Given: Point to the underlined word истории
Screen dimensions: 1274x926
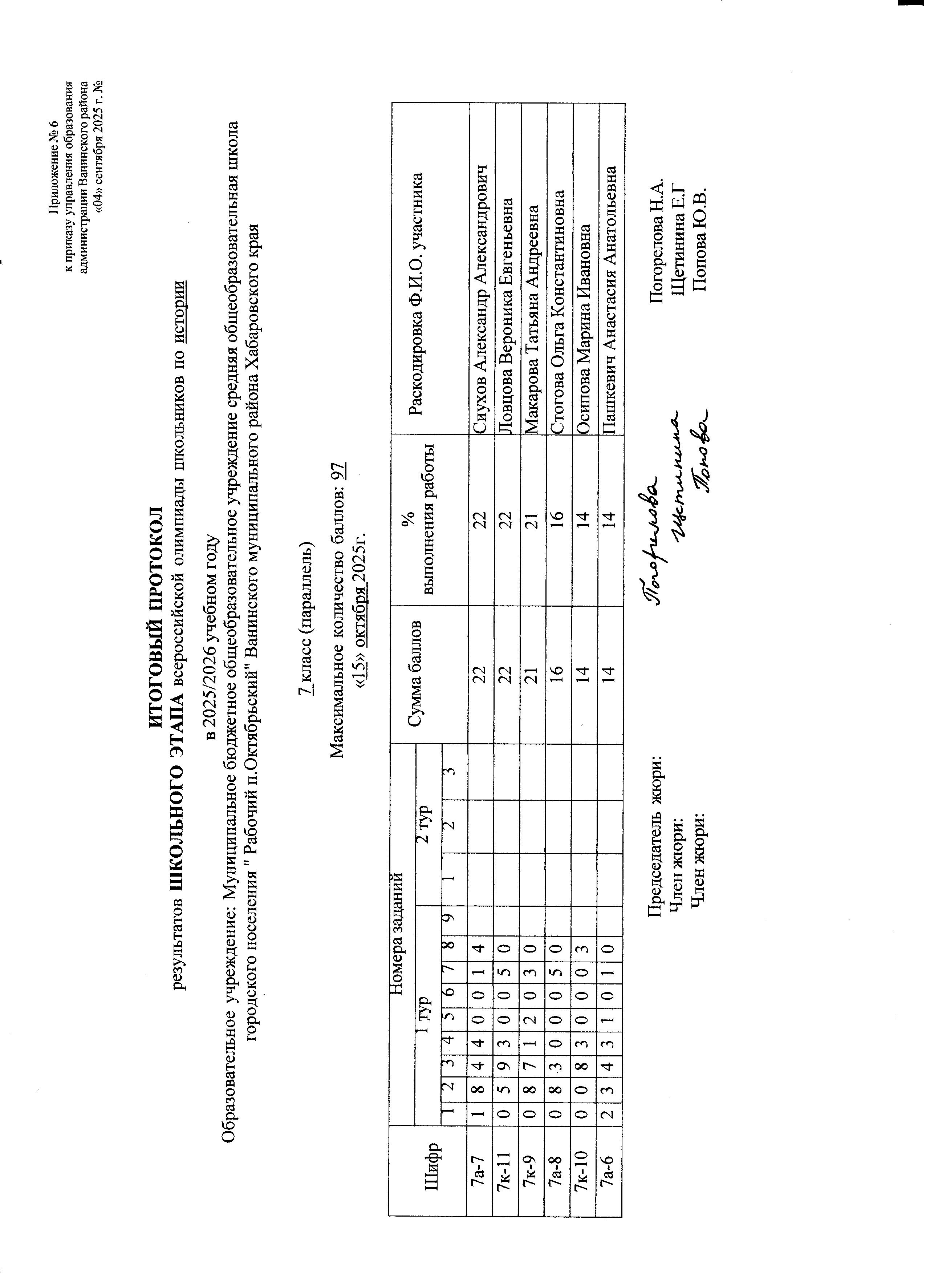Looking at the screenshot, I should pos(181,311).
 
